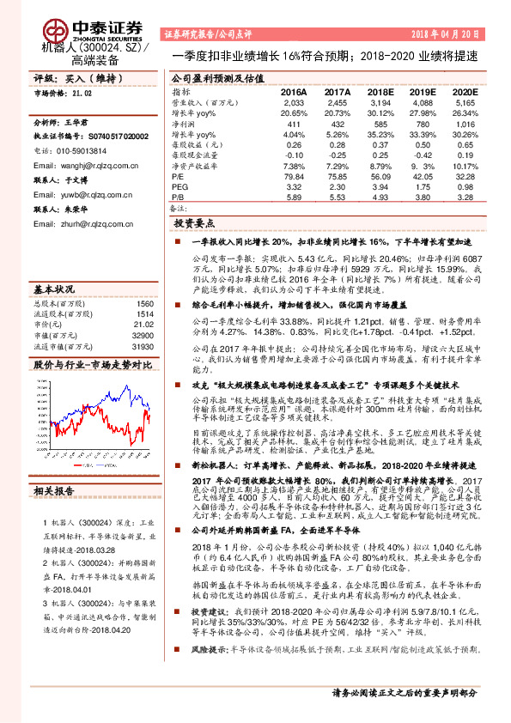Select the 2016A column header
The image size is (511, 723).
point(295,90)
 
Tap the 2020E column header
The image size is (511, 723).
point(465,90)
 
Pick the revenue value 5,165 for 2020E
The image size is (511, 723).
point(465,101)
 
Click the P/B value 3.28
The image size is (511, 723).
point(466,196)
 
